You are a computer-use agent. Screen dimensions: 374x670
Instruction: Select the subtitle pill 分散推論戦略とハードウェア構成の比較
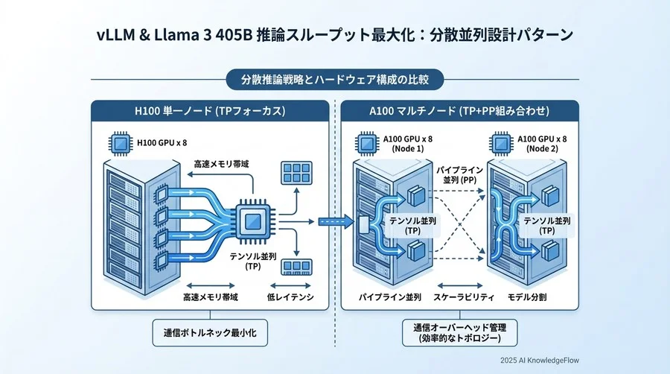click(334, 78)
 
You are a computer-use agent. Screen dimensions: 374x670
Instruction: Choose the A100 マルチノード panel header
click(459, 111)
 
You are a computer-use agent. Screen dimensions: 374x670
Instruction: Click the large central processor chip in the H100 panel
click(252, 221)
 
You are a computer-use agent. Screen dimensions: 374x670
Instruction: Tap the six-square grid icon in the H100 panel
click(296, 174)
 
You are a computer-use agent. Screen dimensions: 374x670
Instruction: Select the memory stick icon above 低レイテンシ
click(296, 267)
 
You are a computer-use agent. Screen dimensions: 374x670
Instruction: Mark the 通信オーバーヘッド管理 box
click(459, 332)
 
